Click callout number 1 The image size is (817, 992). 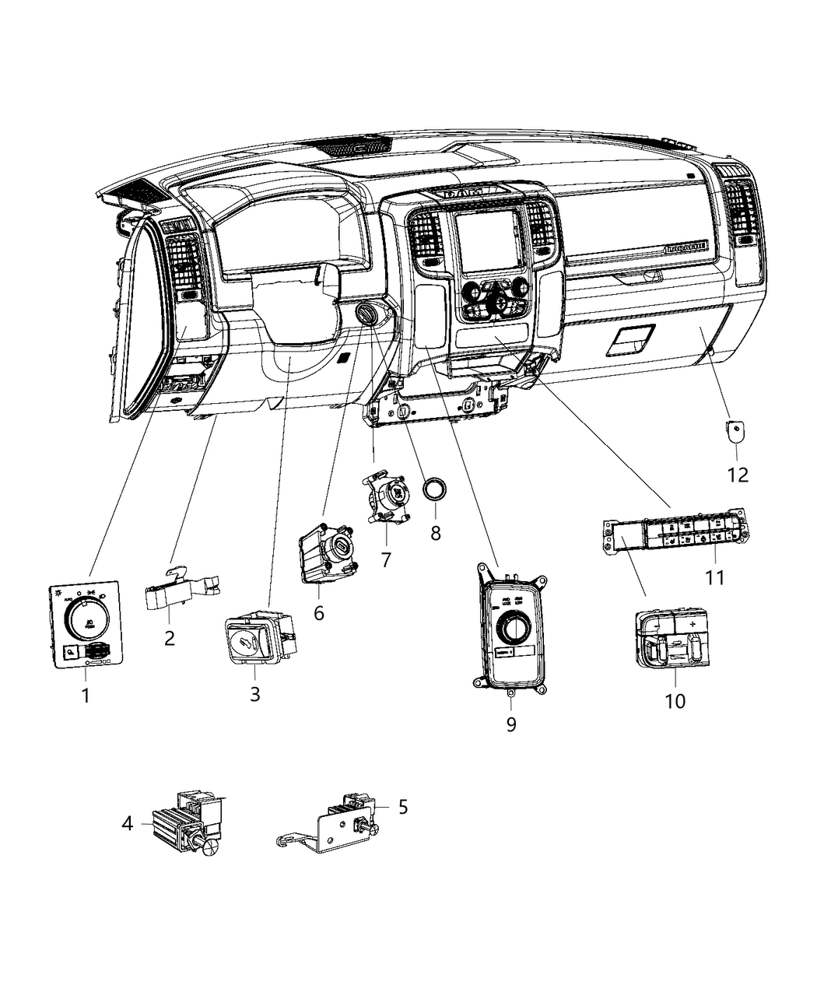click(86, 695)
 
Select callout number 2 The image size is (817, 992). click(170, 639)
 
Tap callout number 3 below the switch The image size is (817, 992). click(254, 694)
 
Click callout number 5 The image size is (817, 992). click(402, 807)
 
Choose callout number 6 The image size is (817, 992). click(318, 613)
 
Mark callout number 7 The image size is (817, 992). click(385, 559)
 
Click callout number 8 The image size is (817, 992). click(435, 533)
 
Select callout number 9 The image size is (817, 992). click(510, 724)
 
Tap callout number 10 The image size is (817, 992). click(675, 700)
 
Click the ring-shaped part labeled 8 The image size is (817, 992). click(434, 489)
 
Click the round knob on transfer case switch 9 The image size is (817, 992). click(514, 626)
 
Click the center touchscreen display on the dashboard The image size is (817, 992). click(486, 240)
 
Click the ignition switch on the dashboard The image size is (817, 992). click(366, 314)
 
